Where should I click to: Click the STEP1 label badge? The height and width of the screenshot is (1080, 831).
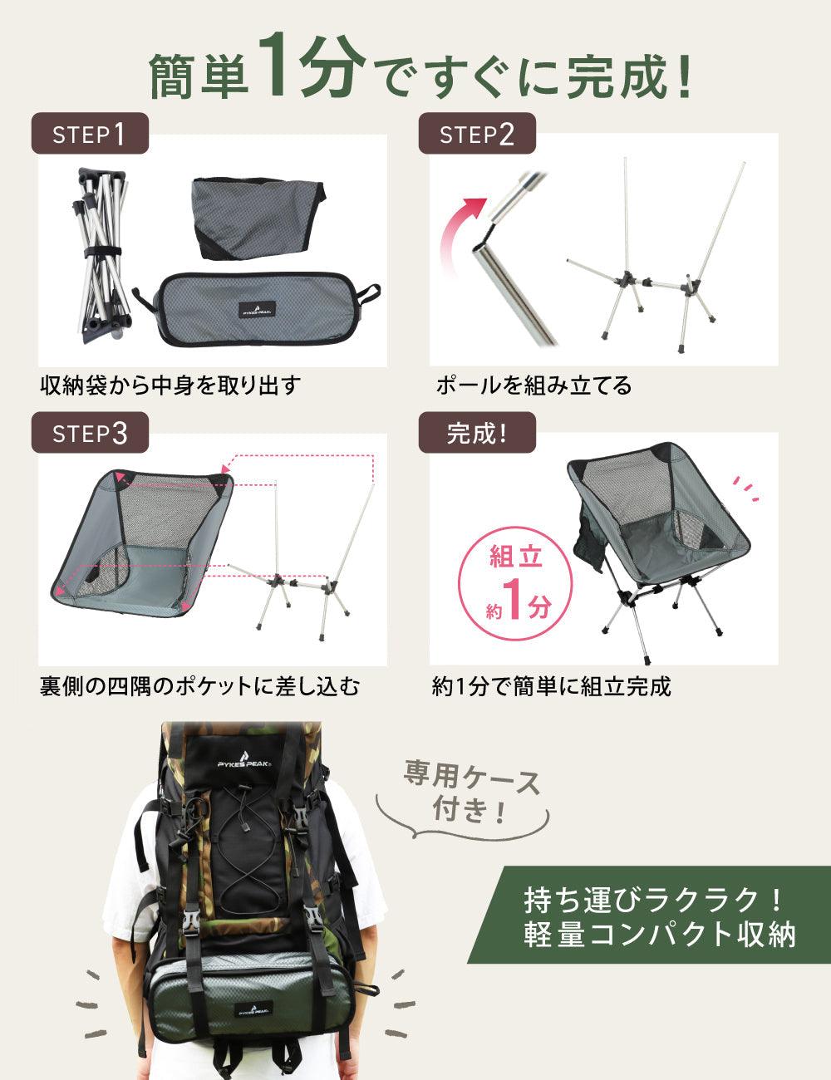point(90,134)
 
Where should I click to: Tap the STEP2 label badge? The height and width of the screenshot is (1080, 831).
point(477,134)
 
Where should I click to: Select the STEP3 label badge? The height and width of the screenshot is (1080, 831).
point(90,433)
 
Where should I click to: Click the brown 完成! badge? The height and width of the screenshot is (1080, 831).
point(477,433)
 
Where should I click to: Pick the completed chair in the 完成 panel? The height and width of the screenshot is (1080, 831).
point(656,540)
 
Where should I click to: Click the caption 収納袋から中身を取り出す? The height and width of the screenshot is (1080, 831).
point(170,386)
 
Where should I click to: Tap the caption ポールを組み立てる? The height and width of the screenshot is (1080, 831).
point(534,386)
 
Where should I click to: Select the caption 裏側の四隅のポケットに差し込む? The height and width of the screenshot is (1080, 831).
point(199,686)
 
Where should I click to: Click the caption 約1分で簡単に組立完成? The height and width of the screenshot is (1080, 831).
point(551,686)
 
